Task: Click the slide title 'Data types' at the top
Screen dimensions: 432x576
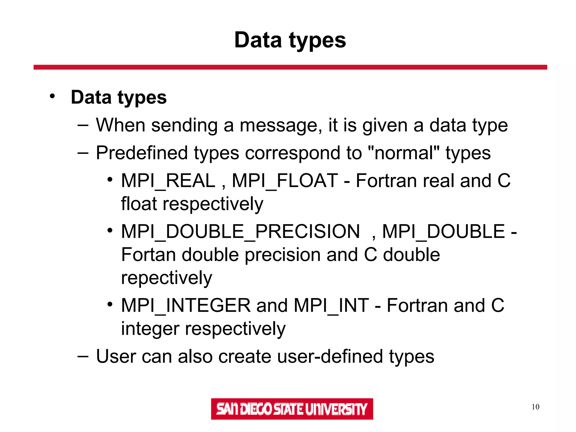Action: pyautogui.click(x=290, y=40)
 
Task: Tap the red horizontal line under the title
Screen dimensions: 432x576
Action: pyautogui.click(x=290, y=67)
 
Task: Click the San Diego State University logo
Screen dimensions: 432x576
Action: pyautogui.click(x=292, y=409)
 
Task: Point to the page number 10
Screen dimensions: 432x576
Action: pyautogui.click(x=535, y=407)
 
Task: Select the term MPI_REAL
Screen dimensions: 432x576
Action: pyautogui.click(x=168, y=181)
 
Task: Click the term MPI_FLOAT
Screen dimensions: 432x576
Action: pyautogui.click(x=285, y=181)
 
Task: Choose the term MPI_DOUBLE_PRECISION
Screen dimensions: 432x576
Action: pyautogui.click(x=240, y=232)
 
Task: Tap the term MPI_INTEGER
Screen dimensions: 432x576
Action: pyautogui.click(x=186, y=305)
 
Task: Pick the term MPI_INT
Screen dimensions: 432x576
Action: pyautogui.click(x=331, y=305)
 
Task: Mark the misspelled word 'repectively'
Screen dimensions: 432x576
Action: pyautogui.click(x=166, y=278)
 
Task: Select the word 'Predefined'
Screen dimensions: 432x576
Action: pyautogui.click(x=142, y=153)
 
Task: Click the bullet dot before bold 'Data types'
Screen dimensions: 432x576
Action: pyautogui.click(x=52, y=96)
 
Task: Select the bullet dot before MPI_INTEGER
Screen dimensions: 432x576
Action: pyautogui.click(x=110, y=304)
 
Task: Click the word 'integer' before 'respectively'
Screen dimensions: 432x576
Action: pyautogui.click(x=150, y=329)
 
